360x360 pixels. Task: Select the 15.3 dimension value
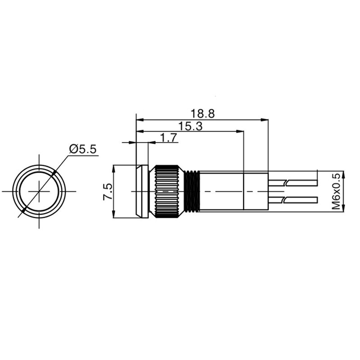coord(190,126)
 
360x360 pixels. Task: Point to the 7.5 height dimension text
coord(108,192)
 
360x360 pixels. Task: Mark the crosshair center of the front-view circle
coord(40,191)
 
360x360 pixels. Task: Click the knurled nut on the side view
coord(167,191)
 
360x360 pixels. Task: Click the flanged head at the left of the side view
coord(142,191)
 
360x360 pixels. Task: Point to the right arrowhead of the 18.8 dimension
coord(265,120)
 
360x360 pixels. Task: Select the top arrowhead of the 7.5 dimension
coord(115,168)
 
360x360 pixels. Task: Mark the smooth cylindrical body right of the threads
coord(220,191)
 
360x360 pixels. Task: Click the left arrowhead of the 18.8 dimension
coord(139,120)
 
